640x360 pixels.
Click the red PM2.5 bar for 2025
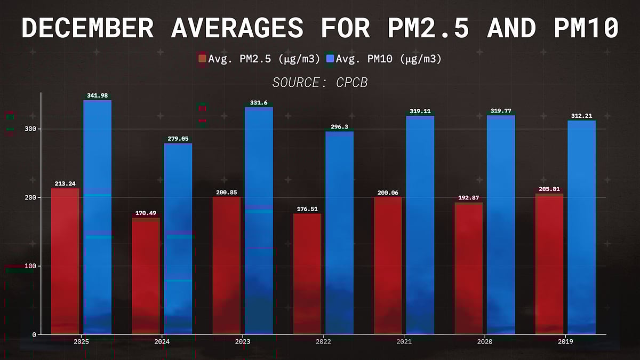(65, 261)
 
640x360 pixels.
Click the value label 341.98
(98, 96)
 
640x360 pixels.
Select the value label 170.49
(146, 213)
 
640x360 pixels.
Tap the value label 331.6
(259, 103)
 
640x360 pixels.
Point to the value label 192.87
(468, 198)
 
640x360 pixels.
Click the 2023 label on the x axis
(243, 341)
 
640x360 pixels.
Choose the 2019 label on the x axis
(565, 341)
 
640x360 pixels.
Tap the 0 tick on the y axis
(33, 334)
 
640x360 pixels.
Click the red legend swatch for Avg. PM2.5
(202, 59)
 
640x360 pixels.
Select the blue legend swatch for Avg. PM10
(330, 59)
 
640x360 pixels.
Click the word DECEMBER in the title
(89, 28)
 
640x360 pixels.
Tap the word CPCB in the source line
(352, 83)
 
